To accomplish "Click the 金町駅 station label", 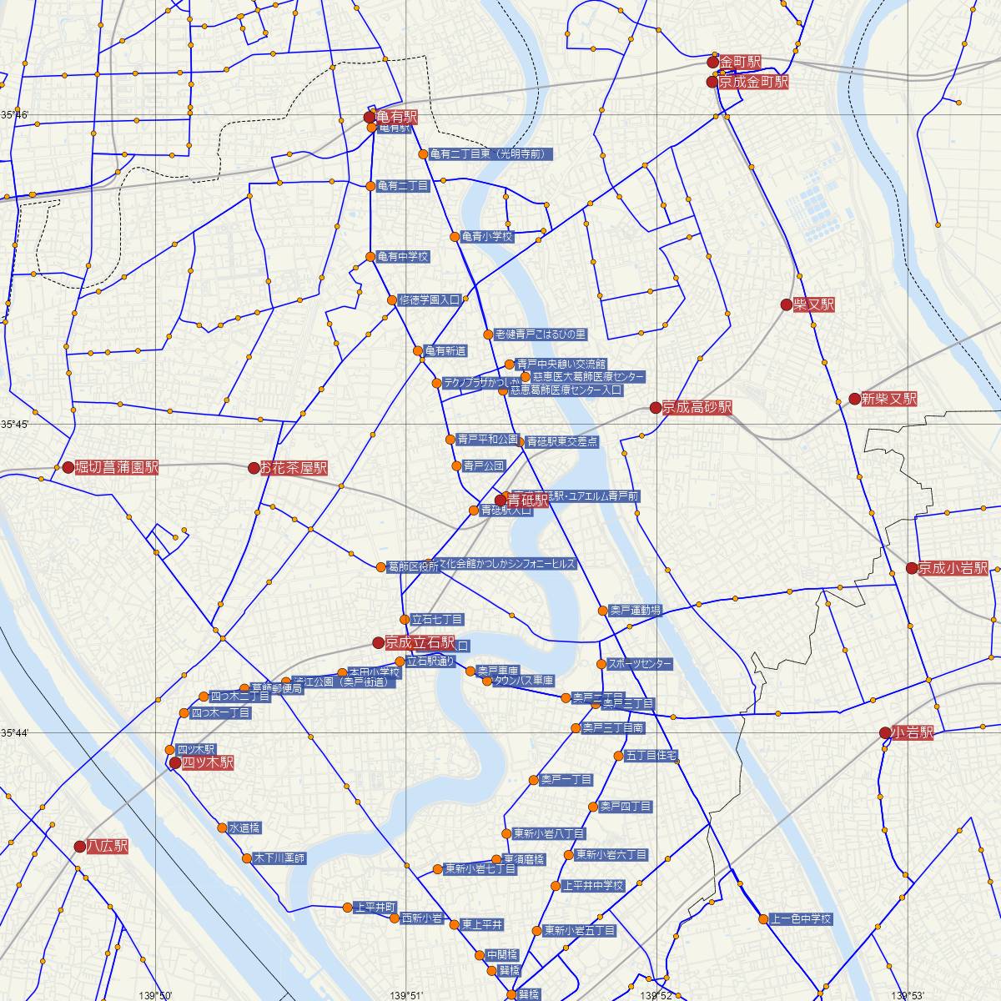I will point(741,63).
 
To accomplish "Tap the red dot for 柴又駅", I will point(786,304).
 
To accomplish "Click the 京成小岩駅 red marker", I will point(912,568).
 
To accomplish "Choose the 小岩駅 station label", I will point(912,733).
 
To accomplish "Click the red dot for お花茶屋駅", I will point(254,468).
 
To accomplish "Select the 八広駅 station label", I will point(108,847).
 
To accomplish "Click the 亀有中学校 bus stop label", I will point(403,257).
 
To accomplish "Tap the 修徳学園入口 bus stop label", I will point(430,299).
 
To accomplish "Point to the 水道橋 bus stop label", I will point(244,828).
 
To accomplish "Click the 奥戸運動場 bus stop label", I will point(635,611).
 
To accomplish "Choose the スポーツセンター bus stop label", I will point(640,665).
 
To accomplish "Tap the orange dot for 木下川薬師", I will point(247,858).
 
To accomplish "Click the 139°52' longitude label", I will point(656,994).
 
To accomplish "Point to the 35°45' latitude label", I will point(14,425).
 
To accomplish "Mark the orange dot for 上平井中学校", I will point(556,886).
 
